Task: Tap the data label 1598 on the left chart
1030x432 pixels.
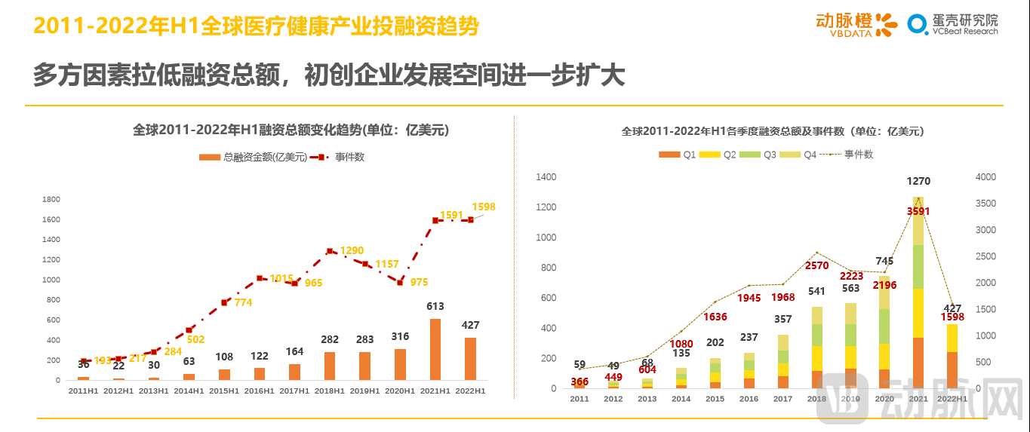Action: pos(483,207)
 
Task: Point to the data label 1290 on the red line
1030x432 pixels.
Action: pos(352,250)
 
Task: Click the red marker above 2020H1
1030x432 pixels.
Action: pos(400,282)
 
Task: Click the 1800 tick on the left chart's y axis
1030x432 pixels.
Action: pos(51,200)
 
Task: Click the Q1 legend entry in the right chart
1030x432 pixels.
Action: pos(681,155)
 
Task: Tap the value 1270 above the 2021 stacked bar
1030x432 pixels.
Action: pos(918,181)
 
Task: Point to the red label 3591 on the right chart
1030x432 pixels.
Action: pos(918,211)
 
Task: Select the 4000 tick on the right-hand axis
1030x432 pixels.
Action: pos(986,177)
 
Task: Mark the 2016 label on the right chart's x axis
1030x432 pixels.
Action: pos(749,399)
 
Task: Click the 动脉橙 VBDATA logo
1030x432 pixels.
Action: pos(856,24)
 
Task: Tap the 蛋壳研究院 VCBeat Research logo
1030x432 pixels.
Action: pos(952,24)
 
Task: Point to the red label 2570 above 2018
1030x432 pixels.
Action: pos(816,265)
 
